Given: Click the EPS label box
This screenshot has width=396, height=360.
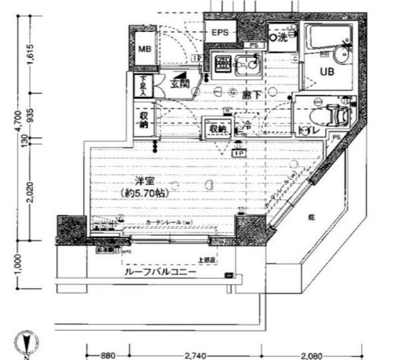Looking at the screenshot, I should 220,33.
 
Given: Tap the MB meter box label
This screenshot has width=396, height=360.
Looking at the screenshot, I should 144,49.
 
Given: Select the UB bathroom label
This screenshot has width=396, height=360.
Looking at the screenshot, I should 327,72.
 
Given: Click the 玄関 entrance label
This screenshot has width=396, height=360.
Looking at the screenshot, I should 179,85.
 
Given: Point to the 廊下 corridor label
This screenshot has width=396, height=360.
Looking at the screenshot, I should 252,94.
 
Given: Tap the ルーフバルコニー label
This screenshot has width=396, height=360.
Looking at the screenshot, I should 160,273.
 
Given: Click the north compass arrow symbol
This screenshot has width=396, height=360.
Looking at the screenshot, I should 25,342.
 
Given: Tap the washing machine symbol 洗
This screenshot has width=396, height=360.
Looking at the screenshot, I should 283,37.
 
